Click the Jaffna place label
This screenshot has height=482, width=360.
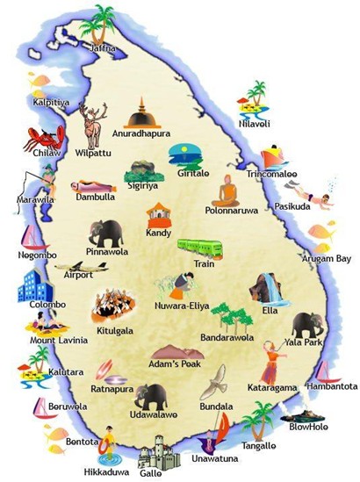click(102, 48)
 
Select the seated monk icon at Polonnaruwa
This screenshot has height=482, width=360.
click(229, 192)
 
